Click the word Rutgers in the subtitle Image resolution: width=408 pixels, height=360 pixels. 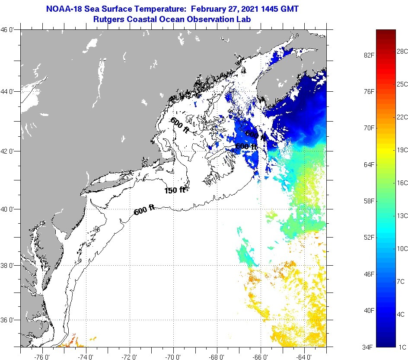tap(108, 19)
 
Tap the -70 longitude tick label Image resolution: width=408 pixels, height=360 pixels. tap(174, 357)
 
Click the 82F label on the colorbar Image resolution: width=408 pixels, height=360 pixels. tap(368, 55)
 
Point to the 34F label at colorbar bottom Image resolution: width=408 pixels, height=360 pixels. tap(368, 347)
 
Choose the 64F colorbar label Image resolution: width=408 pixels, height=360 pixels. tap(368, 165)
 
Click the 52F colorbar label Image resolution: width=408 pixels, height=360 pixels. tap(368, 238)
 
